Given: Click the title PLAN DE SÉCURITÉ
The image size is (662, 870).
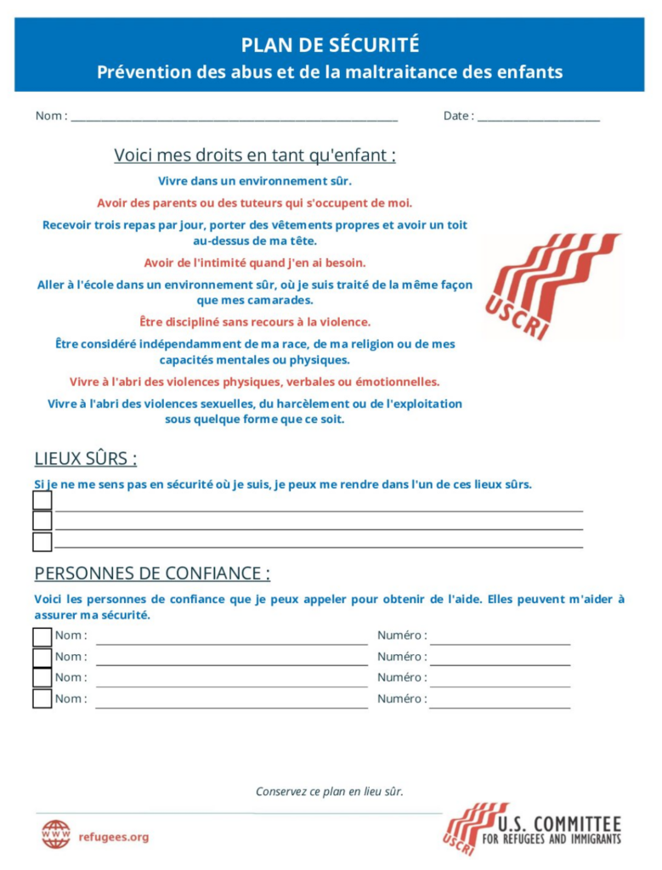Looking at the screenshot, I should click(330, 45).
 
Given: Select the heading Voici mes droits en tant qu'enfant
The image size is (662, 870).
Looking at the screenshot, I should click(255, 155).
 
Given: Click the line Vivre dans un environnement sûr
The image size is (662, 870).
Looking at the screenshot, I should click(255, 181).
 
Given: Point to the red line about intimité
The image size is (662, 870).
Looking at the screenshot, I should click(255, 263).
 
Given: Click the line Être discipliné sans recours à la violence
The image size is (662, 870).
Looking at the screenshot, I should click(255, 322).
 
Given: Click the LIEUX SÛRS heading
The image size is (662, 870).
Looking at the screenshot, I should click(86, 459).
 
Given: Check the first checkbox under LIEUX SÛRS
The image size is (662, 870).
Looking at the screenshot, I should click(42, 501).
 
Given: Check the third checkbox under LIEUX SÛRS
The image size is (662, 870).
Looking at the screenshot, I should click(42, 542).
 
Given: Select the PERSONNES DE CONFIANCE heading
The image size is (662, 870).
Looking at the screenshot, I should click(152, 573).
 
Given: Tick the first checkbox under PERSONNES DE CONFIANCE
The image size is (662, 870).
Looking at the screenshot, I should click(42, 636).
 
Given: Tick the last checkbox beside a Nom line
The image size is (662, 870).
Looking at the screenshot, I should click(42, 699).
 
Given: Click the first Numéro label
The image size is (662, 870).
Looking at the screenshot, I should click(402, 636).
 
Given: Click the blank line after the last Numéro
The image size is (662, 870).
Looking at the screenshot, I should click(500, 704).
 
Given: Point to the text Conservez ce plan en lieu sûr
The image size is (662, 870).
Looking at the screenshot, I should click(330, 792).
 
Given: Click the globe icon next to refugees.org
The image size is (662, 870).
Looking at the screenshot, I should click(56, 834).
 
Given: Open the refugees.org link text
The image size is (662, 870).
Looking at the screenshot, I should click(113, 837).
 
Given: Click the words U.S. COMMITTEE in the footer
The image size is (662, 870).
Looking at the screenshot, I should click(558, 823).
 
